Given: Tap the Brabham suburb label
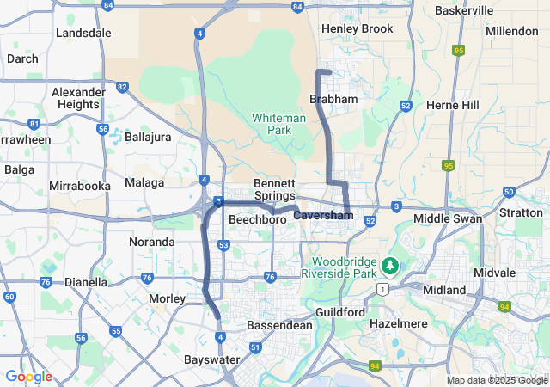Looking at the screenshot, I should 333,100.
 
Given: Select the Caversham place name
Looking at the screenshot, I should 320,214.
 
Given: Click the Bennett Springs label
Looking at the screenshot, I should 274,189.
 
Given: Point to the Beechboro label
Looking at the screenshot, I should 257,220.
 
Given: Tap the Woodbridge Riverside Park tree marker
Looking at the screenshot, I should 391,265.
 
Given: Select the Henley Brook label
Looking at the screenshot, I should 357,28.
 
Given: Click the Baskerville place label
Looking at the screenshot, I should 464,10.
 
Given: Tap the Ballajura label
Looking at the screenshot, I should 148,137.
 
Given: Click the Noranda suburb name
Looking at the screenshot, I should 152,242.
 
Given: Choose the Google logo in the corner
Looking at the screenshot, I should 28,376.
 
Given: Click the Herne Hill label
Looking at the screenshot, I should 453,104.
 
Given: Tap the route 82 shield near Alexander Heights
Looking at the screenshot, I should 123,87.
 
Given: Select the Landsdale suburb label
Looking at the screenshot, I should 83,33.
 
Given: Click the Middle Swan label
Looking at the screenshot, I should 448,218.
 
